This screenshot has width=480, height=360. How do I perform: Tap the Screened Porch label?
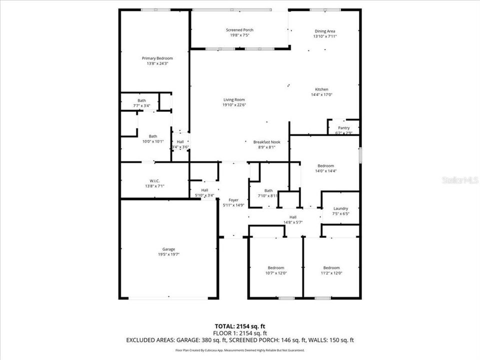click(x=239, y=30)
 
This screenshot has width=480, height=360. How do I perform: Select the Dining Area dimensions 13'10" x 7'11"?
click(x=325, y=36)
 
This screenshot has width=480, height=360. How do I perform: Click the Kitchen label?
click(x=321, y=89)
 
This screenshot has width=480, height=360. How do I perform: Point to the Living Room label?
click(x=234, y=99)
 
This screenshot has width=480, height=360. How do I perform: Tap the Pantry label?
click(x=344, y=127)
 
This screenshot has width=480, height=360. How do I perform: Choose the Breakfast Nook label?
click(x=266, y=142)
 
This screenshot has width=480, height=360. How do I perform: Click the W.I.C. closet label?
click(x=154, y=180)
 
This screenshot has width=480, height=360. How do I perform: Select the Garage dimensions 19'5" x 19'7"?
click(x=168, y=254)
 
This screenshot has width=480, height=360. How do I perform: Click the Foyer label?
click(x=233, y=199)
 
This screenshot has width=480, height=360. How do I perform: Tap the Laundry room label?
click(x=340, y=208)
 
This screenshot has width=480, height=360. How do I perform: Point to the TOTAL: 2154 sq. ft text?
click(x=240, y=325)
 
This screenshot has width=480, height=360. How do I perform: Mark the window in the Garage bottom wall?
click(x=168, y=298)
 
